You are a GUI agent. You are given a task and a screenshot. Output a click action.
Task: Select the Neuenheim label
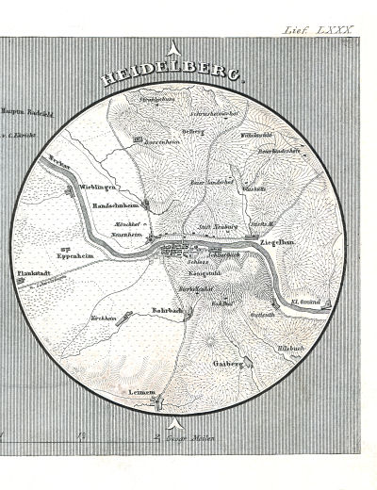tap(125, 234)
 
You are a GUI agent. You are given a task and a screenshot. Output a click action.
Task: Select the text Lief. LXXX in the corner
tap(318, 30)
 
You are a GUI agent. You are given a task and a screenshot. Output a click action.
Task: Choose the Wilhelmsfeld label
tap(256, 135)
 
